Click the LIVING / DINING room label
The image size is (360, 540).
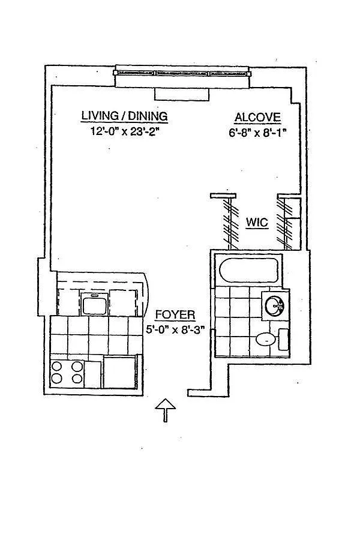pos(124,116)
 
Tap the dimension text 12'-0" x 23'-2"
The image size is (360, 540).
pos(125,131)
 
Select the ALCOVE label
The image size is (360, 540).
pos(257,118)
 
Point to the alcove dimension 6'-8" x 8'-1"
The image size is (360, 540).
pos(257,133)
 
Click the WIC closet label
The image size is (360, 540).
pos(257,223)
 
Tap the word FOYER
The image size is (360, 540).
pos(175,315)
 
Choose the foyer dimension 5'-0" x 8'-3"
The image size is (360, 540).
pos(175,329)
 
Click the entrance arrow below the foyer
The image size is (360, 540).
pos(166,410)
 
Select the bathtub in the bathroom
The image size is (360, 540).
pos(248,271)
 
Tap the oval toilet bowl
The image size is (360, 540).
pos(265,339)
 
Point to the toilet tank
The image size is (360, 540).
pos(283,340)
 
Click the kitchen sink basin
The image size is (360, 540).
pos(94,304)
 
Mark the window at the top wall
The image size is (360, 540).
pos(183,73)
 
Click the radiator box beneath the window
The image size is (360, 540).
pos(182,94)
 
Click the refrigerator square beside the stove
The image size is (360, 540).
pos(119,373)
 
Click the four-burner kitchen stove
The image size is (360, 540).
pos(67,374)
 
